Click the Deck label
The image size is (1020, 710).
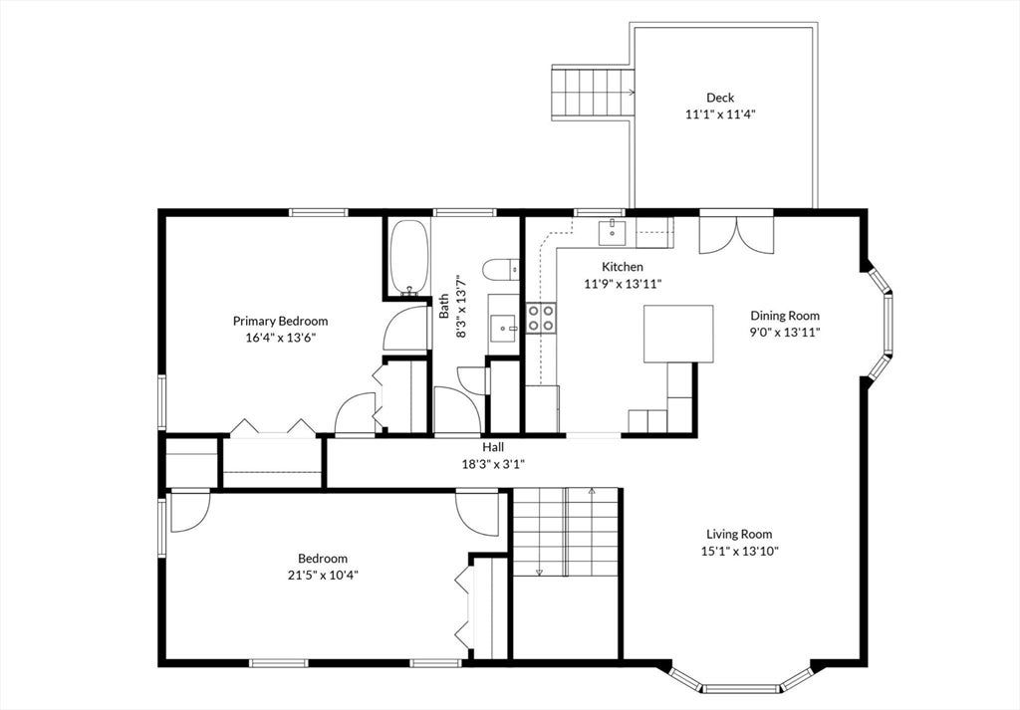pos(720,98)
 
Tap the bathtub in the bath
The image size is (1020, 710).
pos(408,258)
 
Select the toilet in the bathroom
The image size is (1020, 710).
pos(500,269)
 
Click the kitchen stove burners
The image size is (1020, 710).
pos(541,318)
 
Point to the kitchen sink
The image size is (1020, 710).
pos(613,232)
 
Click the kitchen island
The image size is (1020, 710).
pos(678,334)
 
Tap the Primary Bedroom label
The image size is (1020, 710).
pos(280,321)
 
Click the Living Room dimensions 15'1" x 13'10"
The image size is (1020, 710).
pos(740,552)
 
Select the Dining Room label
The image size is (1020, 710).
pos(785,316)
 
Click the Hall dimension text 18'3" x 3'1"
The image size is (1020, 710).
pos(493,464)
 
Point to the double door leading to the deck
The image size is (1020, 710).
pos(736,234)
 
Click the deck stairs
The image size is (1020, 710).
pos(593,93)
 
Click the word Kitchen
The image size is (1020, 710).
pos(623,267)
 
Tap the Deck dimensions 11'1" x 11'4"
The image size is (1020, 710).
pos(720,115)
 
